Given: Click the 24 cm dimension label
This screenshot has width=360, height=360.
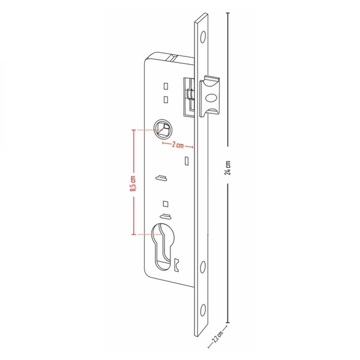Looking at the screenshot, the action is pyautogui.click(x=227, y=167).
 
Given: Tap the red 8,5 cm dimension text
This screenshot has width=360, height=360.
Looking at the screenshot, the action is pyautogui.click(x=133, y=184).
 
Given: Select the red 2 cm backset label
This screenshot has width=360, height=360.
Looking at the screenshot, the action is pyautogui.click(x=178, y=145).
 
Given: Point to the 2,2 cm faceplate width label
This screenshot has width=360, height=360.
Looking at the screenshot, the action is pyautogui.click(x=217, y=336).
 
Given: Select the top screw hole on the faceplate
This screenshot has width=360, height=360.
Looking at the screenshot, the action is pyautogui.click(x=203, y=37).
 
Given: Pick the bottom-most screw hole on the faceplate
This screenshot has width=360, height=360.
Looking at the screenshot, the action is pyautogui.click(x=203, y=310).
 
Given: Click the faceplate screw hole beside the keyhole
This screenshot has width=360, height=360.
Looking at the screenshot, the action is pyautogui.click(x=203, y=267).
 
